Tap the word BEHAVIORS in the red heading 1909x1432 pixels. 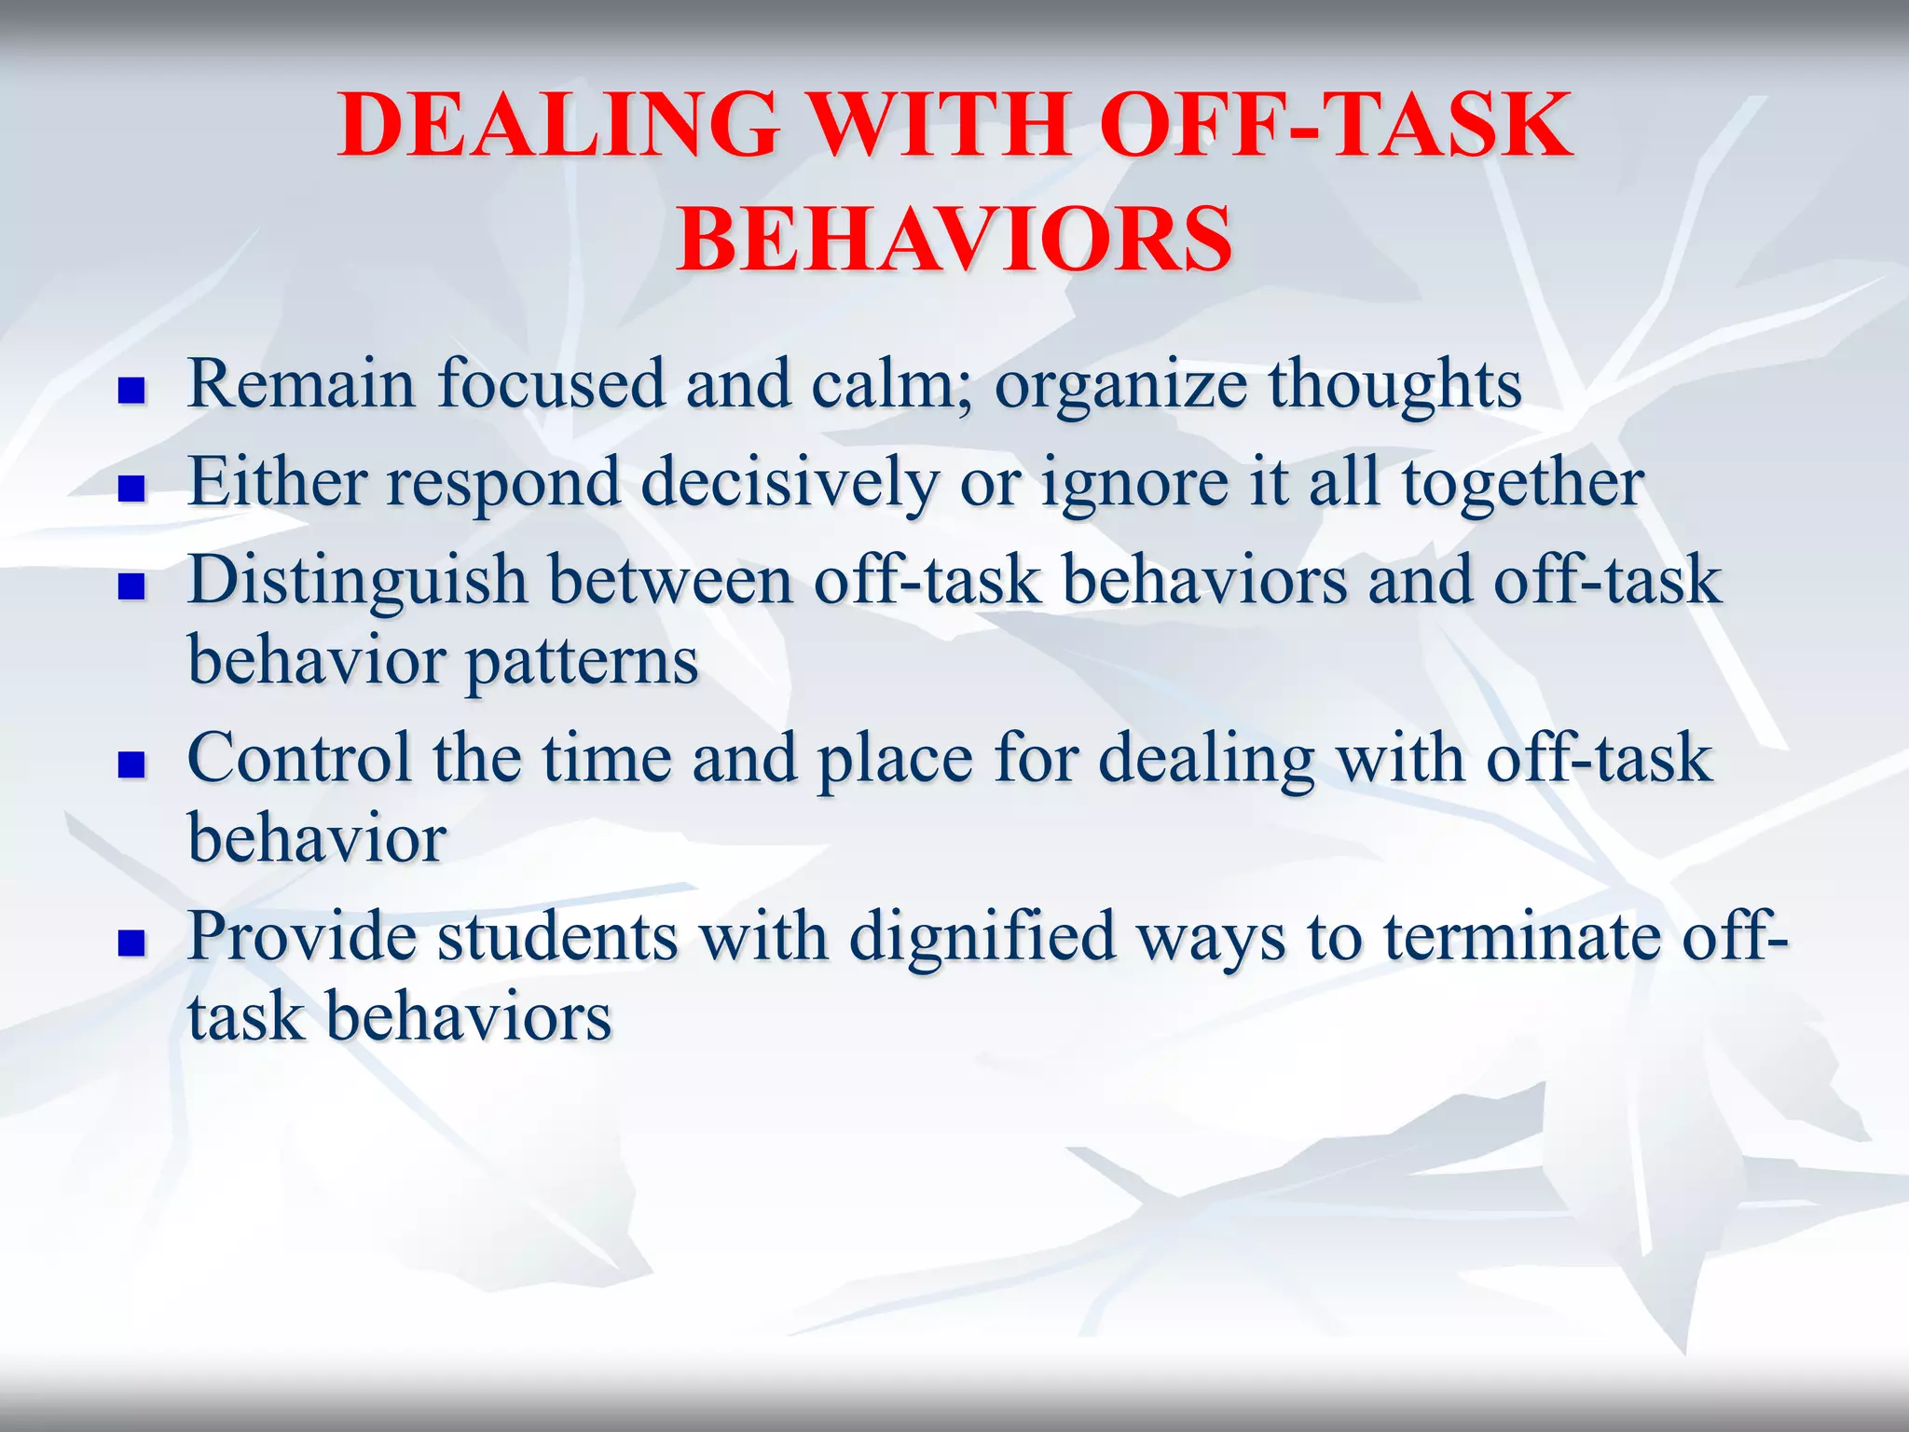pos(954,240)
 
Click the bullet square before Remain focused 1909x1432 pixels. pos(131,391)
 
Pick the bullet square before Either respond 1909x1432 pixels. pos(131,489)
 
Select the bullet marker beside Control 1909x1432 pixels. pos(131,765)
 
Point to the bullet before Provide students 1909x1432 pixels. pos(131,943)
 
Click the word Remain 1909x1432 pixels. pos(301,383)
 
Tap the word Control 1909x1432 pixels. pos(298,758)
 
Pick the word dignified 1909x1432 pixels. pos(982,937)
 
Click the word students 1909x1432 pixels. pos(557,937)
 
